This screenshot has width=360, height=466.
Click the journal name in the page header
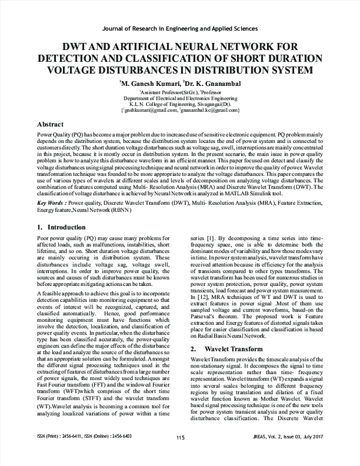coord(180,28)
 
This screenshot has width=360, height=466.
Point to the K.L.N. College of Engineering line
coord(180,104)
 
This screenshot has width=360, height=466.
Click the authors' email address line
coord(180,110)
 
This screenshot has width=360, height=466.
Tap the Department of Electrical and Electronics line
coord(180,98)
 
